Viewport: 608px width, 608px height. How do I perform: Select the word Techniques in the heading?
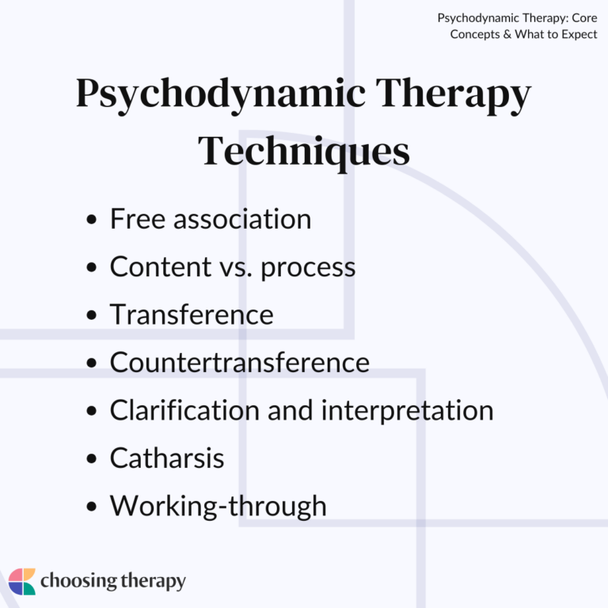tap(304, 150)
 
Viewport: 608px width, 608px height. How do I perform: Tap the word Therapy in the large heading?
tap(452, 95)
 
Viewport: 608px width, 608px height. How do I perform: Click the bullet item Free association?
tap(210, 219)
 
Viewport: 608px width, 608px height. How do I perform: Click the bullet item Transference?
tap(191, 314)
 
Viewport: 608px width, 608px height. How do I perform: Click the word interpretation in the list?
tap(407, 410)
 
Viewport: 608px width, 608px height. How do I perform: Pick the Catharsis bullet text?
tap(167, 458)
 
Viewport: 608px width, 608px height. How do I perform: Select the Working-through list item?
tap(218, 505)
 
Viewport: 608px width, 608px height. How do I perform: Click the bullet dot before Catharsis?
tap(93, 459)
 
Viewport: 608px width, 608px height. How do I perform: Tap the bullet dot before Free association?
tap(93, 221)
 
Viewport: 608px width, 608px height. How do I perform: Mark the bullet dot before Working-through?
tap(93, 507)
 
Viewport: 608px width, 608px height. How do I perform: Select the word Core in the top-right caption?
tap(583, 17)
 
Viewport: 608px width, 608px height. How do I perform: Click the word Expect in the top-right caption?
tap(579, 34)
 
